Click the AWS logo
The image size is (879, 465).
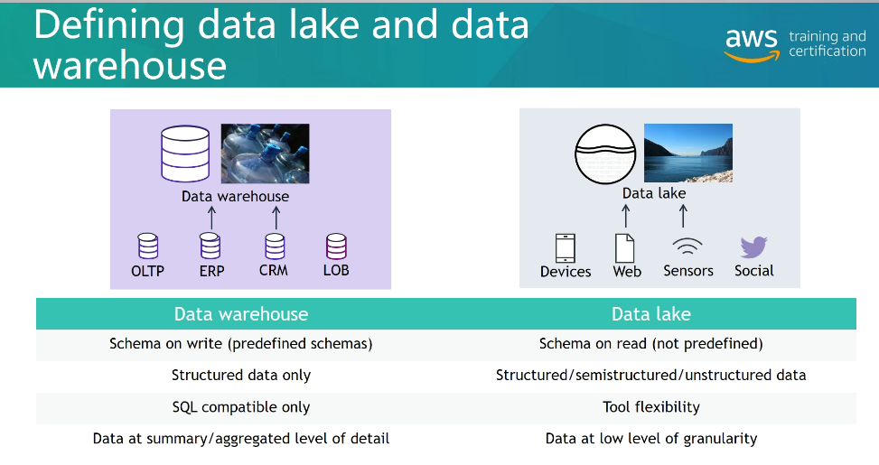click(752, 44)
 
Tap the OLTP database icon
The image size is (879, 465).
click(147, 246)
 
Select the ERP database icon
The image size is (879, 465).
click(210, 246)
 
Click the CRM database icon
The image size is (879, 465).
click(275, 246)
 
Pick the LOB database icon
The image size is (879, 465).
click(336, 246)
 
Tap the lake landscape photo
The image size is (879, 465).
click(687, 153)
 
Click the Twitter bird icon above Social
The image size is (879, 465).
click(753, 247)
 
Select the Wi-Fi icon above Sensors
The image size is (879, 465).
click(687, 247)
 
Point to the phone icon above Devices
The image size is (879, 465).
click(566, 248)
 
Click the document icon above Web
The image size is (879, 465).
click(625, 248)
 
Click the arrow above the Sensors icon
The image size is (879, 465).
click(683, 215)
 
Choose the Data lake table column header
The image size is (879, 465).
click(650, 314)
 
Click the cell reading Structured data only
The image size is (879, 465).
click(241, 375)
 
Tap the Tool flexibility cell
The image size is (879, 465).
click(650, 406)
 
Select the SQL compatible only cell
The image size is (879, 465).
click(241, 406)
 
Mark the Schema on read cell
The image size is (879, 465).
click(650, 344)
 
